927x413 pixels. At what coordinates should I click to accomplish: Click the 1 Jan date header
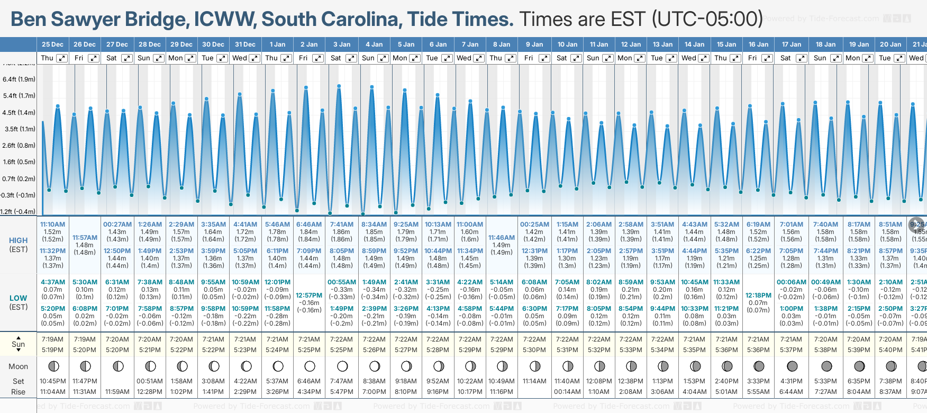click(277, 44)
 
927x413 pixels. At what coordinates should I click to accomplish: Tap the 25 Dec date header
click(52, 44)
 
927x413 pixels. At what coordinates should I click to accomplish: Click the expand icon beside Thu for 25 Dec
click(62, 58)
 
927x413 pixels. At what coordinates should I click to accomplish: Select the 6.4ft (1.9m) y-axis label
click(19, 79)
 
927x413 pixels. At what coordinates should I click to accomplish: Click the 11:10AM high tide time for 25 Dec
click(52, 225)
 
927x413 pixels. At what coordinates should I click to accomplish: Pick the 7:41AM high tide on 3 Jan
click(341, 225)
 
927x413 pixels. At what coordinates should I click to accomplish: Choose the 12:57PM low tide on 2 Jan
click(309, 295)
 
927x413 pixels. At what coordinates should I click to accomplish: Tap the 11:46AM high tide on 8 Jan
click(501, 238)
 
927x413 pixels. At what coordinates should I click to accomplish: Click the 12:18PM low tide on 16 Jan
click(758, 295)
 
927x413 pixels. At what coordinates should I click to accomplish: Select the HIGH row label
click(18, 240)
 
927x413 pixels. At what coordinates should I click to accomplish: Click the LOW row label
click(18, 298)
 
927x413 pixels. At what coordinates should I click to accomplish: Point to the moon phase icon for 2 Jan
click(310, 366)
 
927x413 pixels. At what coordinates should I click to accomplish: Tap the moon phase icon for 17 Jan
click(792, 366)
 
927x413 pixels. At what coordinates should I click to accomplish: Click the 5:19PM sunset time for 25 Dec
click(52, 350)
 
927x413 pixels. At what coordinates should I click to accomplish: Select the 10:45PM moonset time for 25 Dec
click(52, 381)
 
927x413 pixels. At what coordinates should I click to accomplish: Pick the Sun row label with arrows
click(18, 344)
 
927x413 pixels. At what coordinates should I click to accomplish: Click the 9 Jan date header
click(535, 44)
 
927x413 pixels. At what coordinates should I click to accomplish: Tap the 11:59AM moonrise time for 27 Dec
click(117, 392)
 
